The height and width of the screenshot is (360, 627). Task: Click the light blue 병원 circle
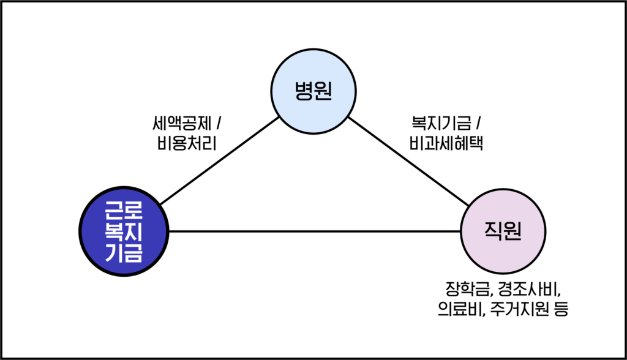[313, 91]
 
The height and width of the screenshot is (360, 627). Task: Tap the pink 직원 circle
[503, 231]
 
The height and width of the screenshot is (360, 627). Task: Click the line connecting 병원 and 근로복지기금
[217, 161]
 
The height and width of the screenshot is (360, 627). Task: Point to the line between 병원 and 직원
[407, 161]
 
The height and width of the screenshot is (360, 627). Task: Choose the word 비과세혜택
[446, 144]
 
